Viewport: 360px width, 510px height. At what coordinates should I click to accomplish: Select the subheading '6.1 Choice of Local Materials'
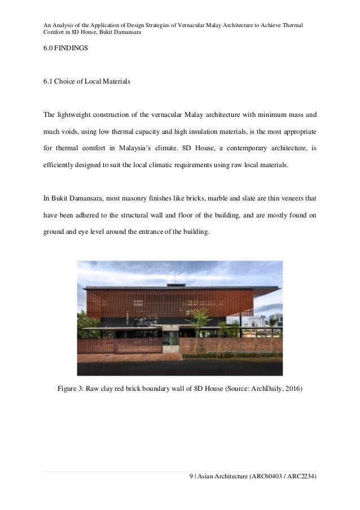87,82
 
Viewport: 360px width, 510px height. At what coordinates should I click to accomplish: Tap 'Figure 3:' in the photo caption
72,389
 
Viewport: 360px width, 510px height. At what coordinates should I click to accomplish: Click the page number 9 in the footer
191,477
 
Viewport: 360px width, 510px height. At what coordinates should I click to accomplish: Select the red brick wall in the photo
226,346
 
